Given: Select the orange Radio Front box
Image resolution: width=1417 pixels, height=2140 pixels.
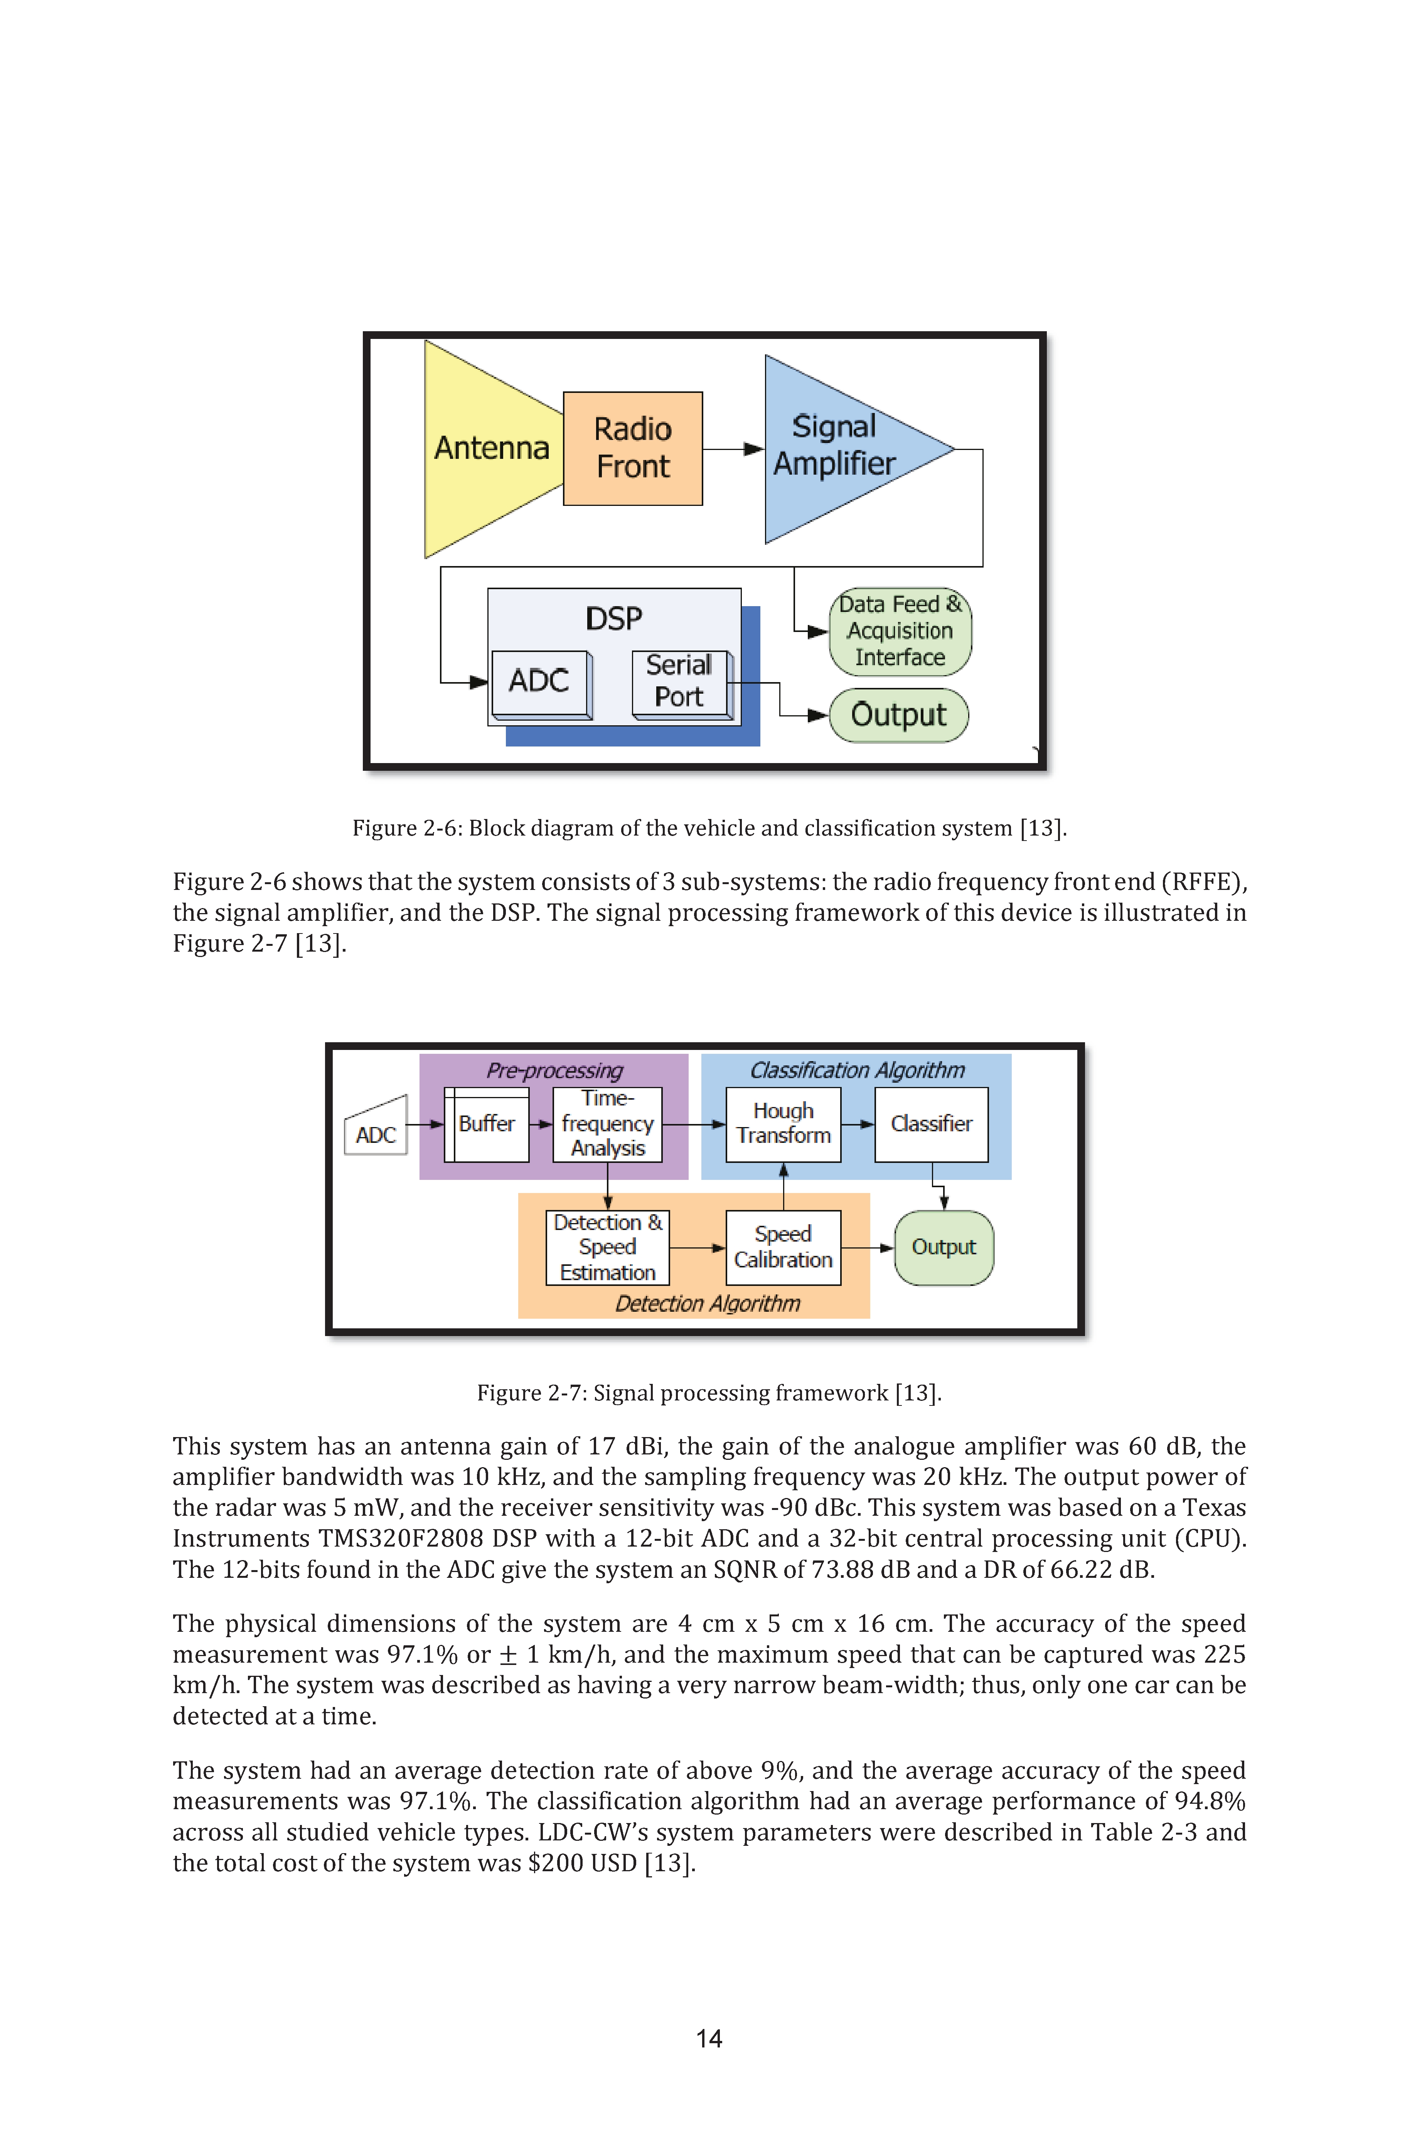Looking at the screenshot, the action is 633,448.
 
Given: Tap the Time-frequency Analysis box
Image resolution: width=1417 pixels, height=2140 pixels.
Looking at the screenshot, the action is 607,1124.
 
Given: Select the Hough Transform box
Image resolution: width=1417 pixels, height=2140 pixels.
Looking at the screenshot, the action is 783,1124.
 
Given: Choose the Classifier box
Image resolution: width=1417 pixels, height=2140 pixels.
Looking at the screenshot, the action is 932,1124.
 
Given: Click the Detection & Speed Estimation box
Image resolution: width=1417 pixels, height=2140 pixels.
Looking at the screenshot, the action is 607,1248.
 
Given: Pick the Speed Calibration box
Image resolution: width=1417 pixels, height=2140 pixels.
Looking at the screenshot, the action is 783,1248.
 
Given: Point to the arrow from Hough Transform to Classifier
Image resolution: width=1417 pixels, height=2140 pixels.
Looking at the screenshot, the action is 858,1124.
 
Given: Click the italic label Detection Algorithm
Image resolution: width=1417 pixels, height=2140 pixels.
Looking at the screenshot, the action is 708,1303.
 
